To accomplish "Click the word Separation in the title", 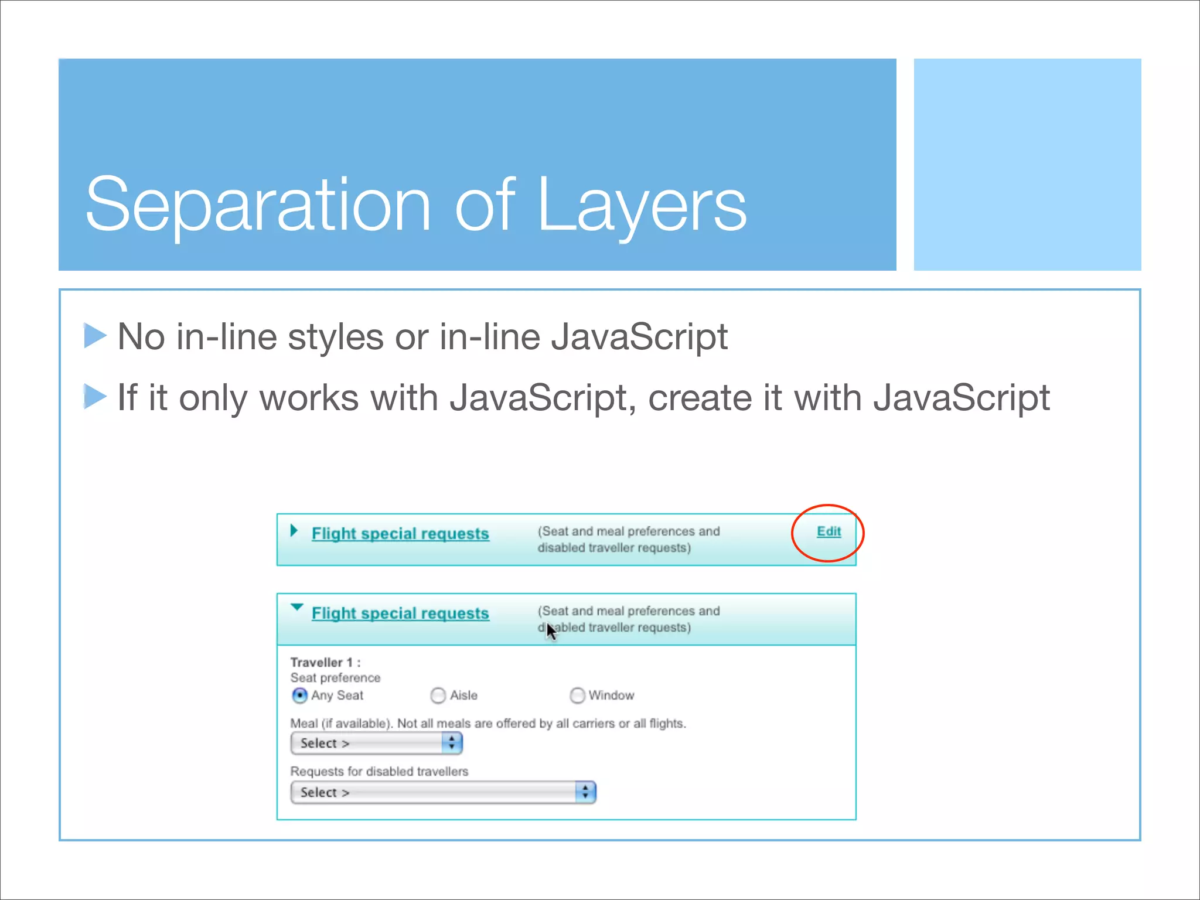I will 258,205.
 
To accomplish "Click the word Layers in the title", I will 642,205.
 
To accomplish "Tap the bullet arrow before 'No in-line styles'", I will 95,336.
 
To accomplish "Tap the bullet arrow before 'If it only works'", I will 95,397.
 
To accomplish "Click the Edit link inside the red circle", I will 829,531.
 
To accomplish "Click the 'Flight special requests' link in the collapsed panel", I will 400,534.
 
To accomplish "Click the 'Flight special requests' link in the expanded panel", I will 400,613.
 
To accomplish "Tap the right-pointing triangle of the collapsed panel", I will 294,531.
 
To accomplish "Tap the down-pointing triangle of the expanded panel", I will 297,607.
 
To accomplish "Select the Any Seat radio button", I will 299,696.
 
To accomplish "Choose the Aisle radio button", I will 438,696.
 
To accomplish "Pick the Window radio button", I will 577,696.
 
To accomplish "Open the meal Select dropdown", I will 376,744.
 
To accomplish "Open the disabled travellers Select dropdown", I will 443,793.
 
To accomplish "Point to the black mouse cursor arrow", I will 550,631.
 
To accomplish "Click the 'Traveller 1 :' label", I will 325,663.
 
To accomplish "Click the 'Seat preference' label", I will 335,678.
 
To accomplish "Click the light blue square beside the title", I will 1027,164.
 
